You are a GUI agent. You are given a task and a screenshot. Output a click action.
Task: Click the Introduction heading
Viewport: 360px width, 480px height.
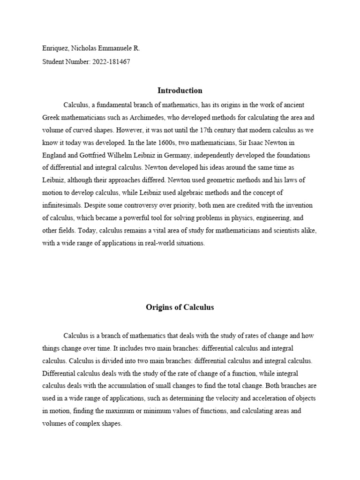pyautogui.click(x=180, y=90)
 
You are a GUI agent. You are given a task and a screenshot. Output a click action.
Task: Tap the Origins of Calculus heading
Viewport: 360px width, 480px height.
pyautogui.click(x=180, y=307)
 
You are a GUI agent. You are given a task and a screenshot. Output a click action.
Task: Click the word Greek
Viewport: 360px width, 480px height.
pyautogui.click(x=51, y=117)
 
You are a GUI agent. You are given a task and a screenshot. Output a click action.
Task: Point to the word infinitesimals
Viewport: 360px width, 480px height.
pyautogui.click(x=62, y=205)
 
